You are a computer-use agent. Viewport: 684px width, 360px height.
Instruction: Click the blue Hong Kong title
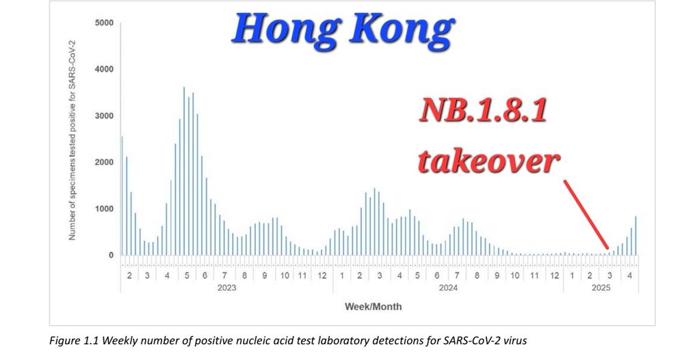point(343,29)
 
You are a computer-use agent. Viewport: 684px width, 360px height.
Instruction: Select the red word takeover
point(488,160)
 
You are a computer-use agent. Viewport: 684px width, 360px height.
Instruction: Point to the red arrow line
point(586,214)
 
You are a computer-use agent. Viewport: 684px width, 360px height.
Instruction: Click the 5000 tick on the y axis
point(104,23)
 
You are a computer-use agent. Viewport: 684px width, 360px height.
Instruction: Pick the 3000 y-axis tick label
point(104,116)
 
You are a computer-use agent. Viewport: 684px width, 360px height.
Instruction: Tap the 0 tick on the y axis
point(111,255)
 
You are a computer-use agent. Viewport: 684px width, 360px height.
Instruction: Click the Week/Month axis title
point(373,307)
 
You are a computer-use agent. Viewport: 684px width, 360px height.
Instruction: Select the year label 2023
point(227,287)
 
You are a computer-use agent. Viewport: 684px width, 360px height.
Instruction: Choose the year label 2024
point(448,287)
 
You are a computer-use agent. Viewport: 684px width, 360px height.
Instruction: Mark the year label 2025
point(601,287)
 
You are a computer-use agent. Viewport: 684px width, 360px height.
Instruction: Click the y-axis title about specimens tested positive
point(73,140)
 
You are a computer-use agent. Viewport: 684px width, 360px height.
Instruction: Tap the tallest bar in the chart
point(184,171)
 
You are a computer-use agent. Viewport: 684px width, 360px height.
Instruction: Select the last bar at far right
point(635,235)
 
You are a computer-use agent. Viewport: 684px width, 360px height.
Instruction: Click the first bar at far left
point(122,196)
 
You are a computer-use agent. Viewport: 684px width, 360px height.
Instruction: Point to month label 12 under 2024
point(555,275)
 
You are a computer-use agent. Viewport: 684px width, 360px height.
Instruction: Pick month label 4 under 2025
point(629,275)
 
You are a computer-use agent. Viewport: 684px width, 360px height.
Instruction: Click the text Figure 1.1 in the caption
point(74,340)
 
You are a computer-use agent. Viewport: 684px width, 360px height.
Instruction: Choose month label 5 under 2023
point(187,275)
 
